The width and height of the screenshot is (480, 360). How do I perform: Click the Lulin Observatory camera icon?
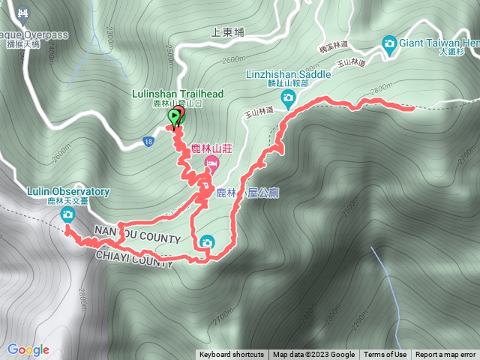(x=67, y=216)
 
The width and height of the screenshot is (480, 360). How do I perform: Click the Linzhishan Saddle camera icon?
(x=287, y=97)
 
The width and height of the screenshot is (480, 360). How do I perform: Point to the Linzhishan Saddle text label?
(x=289, y=74)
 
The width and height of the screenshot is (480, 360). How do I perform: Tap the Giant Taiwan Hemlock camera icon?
(x=389, y=43)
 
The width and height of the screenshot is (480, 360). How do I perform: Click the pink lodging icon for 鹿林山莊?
(x=212, y=163)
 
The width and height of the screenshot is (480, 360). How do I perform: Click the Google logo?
(x=28, y=349)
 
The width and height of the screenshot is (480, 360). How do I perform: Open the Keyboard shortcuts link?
(x=232, y=355)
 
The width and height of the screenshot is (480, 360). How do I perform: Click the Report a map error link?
(x=445, y=355)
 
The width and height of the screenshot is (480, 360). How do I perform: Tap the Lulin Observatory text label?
(x=68, y=192)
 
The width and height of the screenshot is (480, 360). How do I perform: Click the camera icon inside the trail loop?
(x=206, y=241)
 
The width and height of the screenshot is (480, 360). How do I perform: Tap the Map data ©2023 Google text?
(x=313, y=355)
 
